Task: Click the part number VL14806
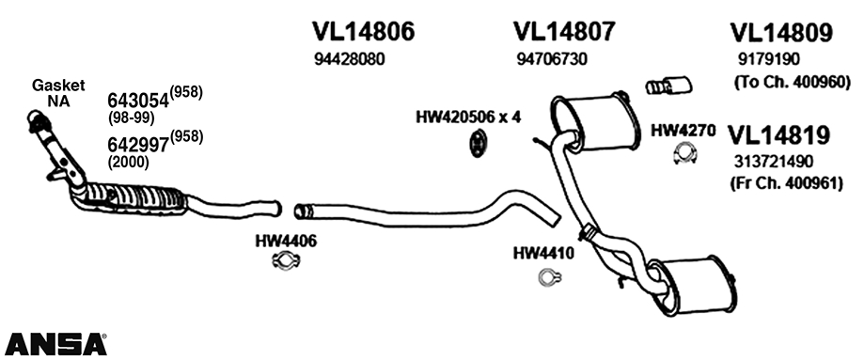(x=363, y=32)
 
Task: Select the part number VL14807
(x=564, y=32)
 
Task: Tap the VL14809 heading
(x=781, y=33)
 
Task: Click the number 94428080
(x=349, y=58)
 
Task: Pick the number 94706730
(x=552, y=58)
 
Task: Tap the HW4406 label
(x=286, y=241)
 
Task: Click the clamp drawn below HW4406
(x=284, y=261)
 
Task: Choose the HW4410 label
(x=543, y=253)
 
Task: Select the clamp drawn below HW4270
(x=684, y=154)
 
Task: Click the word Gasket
(x=58, y=84)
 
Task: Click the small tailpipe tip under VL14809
(x=668, y=86)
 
